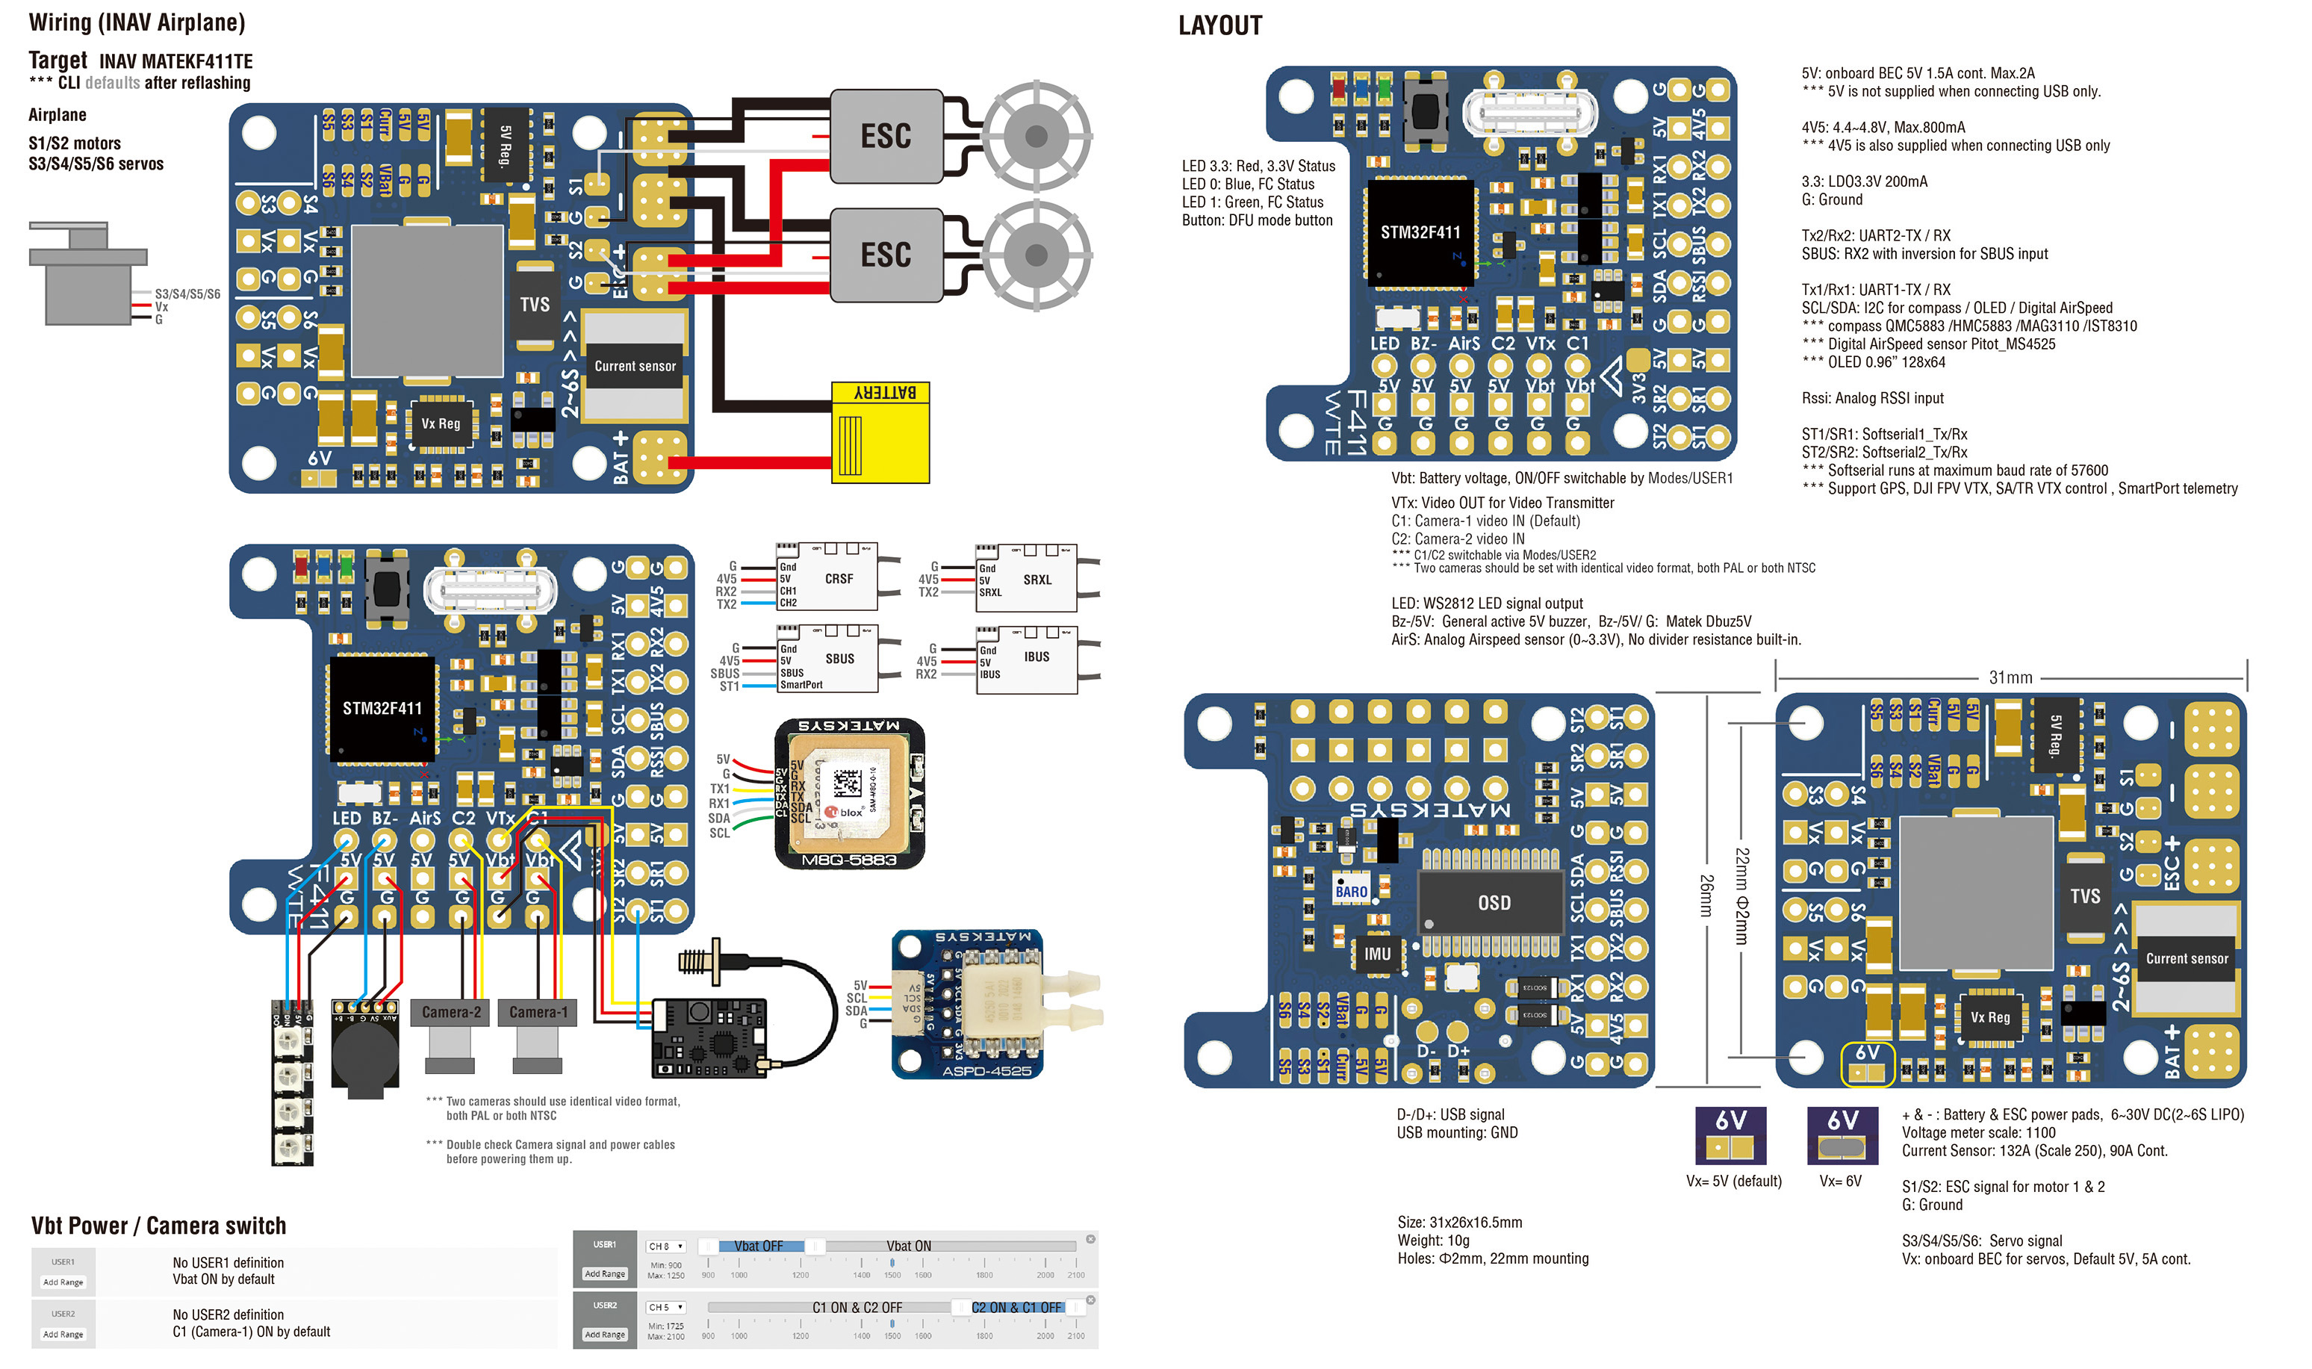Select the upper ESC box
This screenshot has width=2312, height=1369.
coord(886,136)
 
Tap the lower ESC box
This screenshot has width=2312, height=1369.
coord(886,255)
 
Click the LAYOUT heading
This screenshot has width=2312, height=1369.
coord(1219,26)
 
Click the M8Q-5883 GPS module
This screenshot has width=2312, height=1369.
coord(848,794)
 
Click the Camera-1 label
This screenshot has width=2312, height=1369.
coord(538,1012)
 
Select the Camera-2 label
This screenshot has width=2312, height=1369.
coord(451,1012)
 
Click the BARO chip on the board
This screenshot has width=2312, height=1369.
coord(1350,890)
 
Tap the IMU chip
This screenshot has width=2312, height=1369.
coord(1376,954)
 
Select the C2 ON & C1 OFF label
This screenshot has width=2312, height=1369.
coord(1016,1307)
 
